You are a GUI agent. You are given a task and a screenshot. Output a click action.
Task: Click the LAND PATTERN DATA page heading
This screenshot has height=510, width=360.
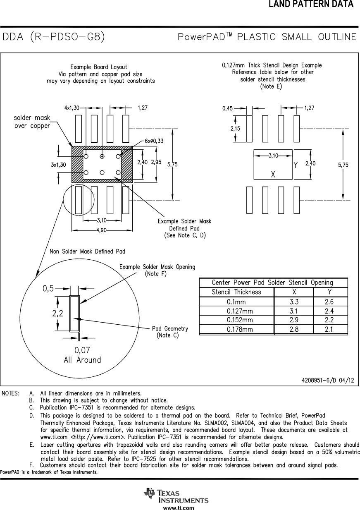pos(311,5)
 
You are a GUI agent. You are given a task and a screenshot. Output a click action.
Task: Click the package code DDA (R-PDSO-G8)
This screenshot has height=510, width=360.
pos(54,37)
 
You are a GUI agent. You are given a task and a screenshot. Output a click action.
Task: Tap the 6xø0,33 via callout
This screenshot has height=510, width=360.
pos(154,141)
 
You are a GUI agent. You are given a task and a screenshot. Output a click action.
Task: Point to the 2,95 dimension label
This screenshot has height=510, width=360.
pos(156,163)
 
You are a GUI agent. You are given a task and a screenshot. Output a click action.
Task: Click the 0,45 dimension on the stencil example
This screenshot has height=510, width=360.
pos(227,108)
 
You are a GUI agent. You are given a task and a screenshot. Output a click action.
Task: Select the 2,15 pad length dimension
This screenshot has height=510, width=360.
pos(236,129)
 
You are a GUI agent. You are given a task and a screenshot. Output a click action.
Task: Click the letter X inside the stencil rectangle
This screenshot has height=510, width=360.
pos(273,175)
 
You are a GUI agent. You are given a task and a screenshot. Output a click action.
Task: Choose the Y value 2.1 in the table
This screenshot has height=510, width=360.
pos(329,330)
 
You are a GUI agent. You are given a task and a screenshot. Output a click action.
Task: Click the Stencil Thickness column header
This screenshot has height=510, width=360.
pos(236,292)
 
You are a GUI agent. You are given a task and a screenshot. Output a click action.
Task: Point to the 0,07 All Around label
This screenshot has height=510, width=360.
pos(82,355)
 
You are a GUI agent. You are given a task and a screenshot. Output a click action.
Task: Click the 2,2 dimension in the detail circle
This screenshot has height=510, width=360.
pos(58,314)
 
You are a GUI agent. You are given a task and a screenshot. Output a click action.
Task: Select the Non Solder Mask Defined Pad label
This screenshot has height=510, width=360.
pos(87,251)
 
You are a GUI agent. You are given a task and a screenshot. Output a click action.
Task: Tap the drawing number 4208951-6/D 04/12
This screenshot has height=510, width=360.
pos(328,380)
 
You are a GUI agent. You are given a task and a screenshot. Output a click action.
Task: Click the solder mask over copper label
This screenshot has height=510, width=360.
pos(32,122)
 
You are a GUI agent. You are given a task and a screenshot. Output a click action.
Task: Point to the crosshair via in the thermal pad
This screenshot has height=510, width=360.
pos(102,156)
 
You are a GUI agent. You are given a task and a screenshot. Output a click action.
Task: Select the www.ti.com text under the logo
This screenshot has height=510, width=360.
pos(179,508)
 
